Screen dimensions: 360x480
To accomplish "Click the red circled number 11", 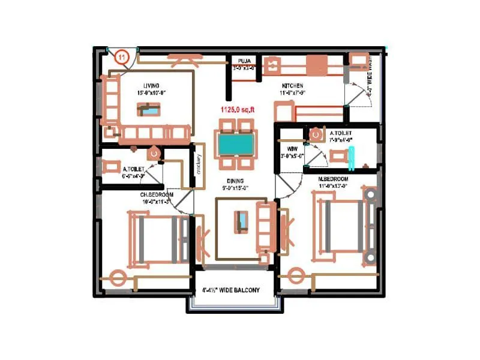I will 122,57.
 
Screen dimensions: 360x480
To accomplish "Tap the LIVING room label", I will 151,86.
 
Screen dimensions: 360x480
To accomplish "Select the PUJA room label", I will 244,60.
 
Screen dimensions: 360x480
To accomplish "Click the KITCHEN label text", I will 292,86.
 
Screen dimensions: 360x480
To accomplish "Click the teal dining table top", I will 235,144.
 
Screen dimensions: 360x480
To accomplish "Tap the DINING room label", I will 235,181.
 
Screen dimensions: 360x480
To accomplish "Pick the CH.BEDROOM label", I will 157,195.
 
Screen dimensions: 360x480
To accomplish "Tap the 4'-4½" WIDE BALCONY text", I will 231,290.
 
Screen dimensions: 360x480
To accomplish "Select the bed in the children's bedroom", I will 157,238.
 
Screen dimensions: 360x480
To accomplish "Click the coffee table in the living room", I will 148,109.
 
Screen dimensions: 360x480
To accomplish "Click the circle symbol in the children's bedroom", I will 118,278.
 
